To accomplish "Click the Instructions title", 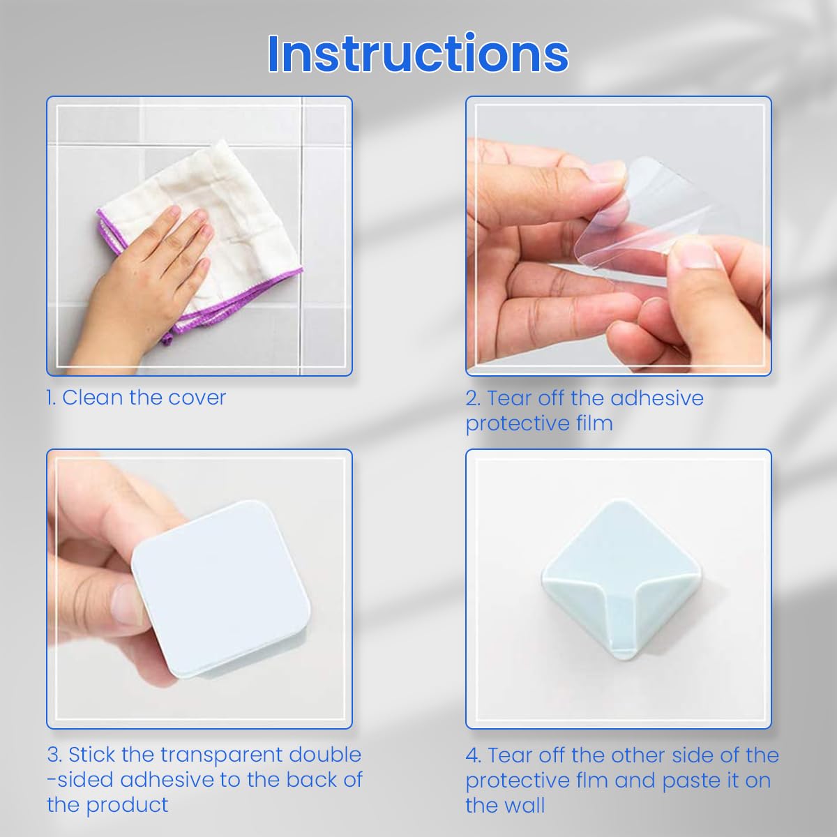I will pos(418,54).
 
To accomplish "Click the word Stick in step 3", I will pos(91,755).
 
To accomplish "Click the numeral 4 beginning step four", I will pos(472,755).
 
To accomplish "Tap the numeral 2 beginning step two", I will pos(472,398).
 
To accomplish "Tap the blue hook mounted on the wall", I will pos(619,579).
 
